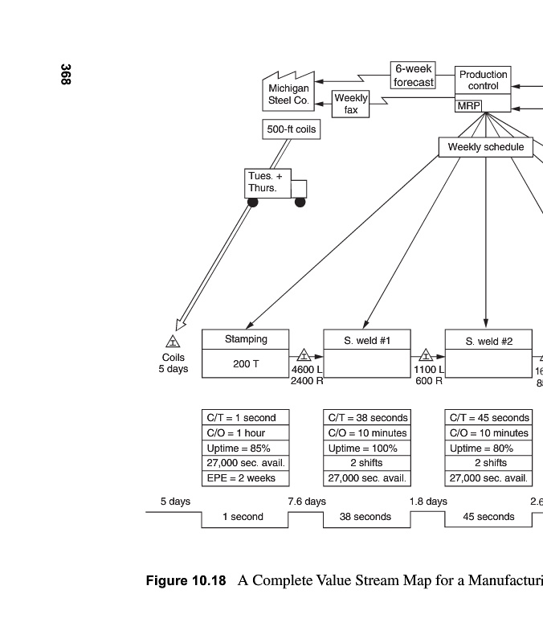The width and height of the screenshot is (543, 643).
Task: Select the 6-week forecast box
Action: [414, 76]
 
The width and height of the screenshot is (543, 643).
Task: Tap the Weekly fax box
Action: [351, 104]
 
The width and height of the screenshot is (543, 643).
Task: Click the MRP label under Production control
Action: [467, 106]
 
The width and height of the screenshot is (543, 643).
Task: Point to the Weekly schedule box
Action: [485, 147]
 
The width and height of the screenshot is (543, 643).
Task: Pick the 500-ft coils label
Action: [291, 129]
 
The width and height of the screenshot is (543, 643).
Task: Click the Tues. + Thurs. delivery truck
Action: [274, 184]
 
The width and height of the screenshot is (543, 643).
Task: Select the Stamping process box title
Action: [245, 339]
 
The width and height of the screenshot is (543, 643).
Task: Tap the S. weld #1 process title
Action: [367, 341]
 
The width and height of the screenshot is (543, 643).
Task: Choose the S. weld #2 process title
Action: [488, 341]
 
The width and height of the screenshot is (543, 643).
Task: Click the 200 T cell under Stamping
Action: [245, 364]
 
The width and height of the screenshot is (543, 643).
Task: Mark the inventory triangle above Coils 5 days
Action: [173, 343]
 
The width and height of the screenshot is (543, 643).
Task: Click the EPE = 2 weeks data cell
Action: [245, 478]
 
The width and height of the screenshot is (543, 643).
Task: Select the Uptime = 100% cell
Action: [367, 448]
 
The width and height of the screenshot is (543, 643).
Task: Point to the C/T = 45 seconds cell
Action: [488, 418]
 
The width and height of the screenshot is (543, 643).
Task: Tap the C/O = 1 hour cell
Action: [245, 433]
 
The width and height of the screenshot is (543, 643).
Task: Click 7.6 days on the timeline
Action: [307, 502]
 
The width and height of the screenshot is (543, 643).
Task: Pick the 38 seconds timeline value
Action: [366, 517]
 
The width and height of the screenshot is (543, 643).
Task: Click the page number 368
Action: [65, 75]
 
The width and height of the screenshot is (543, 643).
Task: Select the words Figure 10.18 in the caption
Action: [186, 580]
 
